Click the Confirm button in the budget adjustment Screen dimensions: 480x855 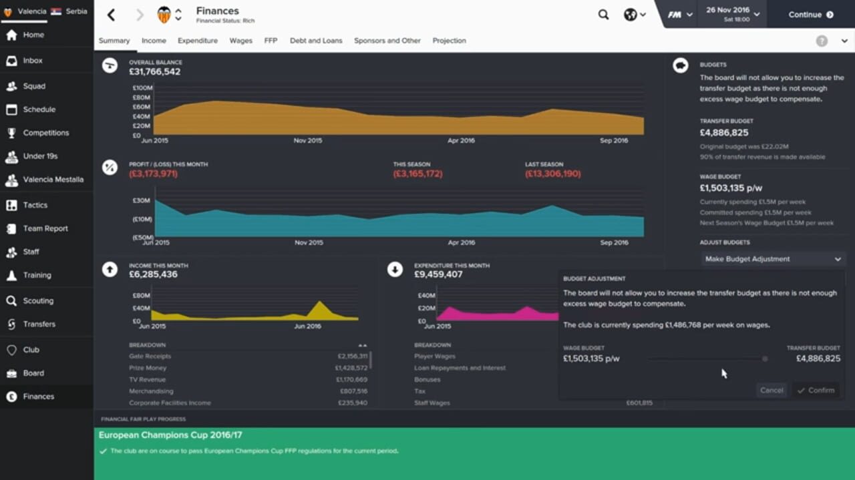pos(816,391)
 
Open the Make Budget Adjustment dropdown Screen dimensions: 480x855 pos(773,259)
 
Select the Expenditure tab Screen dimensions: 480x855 pos(198,41)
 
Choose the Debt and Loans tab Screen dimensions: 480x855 pos(316,41)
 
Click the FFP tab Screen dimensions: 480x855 pos(271,41)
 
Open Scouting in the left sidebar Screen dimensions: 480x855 pos(38,301)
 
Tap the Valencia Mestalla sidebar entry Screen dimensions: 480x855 pos(53,180)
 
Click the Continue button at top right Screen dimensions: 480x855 pos(810,15)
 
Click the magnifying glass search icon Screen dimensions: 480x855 pos(603,15)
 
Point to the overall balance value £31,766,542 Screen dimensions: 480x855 pos(154,72)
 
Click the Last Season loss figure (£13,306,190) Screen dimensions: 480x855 pos(552,174)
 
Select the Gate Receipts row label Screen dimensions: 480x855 pos(150,356)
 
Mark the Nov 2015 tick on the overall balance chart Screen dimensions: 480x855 pos(308,141)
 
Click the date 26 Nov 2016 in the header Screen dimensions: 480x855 pos(727,11)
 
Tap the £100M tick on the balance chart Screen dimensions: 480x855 pos(142,88)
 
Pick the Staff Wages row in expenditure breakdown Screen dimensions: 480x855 pos(432,403)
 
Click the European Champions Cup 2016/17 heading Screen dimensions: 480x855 pos(170,435)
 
